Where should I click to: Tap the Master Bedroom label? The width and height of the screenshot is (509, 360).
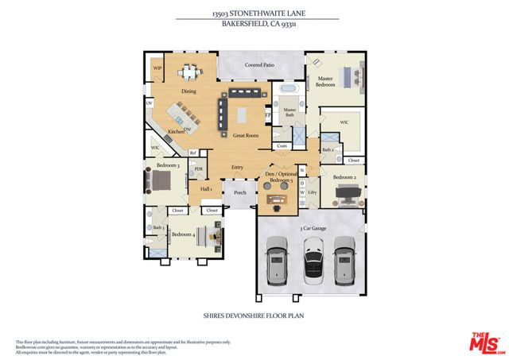[x=326, y=81]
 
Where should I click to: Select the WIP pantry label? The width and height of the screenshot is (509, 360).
[x=157, y=68]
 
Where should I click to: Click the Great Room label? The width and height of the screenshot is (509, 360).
[x=245, y=136]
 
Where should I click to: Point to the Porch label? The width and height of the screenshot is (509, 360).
[x=239, y=192]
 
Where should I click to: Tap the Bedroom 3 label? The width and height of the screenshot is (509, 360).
[x=167, y=165]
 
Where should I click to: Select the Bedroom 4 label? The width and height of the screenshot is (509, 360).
[x=183, y=234]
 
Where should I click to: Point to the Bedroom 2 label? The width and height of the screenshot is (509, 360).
[x=344, y=176]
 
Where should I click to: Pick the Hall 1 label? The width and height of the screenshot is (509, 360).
[x=205, y=189]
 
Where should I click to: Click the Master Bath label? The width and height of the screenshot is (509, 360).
[x=289, y=111]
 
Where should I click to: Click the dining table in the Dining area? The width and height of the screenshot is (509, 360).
[x=189, y=73]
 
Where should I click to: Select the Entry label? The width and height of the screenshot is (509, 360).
[x=237, y=167]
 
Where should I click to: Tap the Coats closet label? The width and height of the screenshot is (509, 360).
[x=282, y=146]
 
